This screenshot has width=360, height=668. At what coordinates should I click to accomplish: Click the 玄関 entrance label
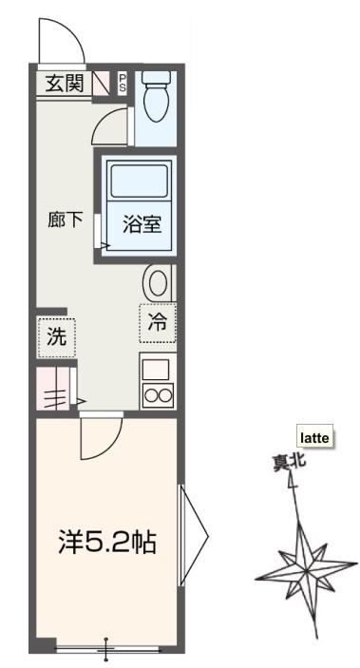(64, 84)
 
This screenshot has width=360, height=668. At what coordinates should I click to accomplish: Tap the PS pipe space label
(123, 84)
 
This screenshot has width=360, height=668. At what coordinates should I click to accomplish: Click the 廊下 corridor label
(65, 219)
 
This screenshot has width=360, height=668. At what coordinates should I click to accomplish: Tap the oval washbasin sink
(158, 282)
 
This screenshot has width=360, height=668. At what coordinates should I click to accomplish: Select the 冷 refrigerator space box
(158, 323)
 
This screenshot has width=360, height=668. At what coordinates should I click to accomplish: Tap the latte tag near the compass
(313, 437)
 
